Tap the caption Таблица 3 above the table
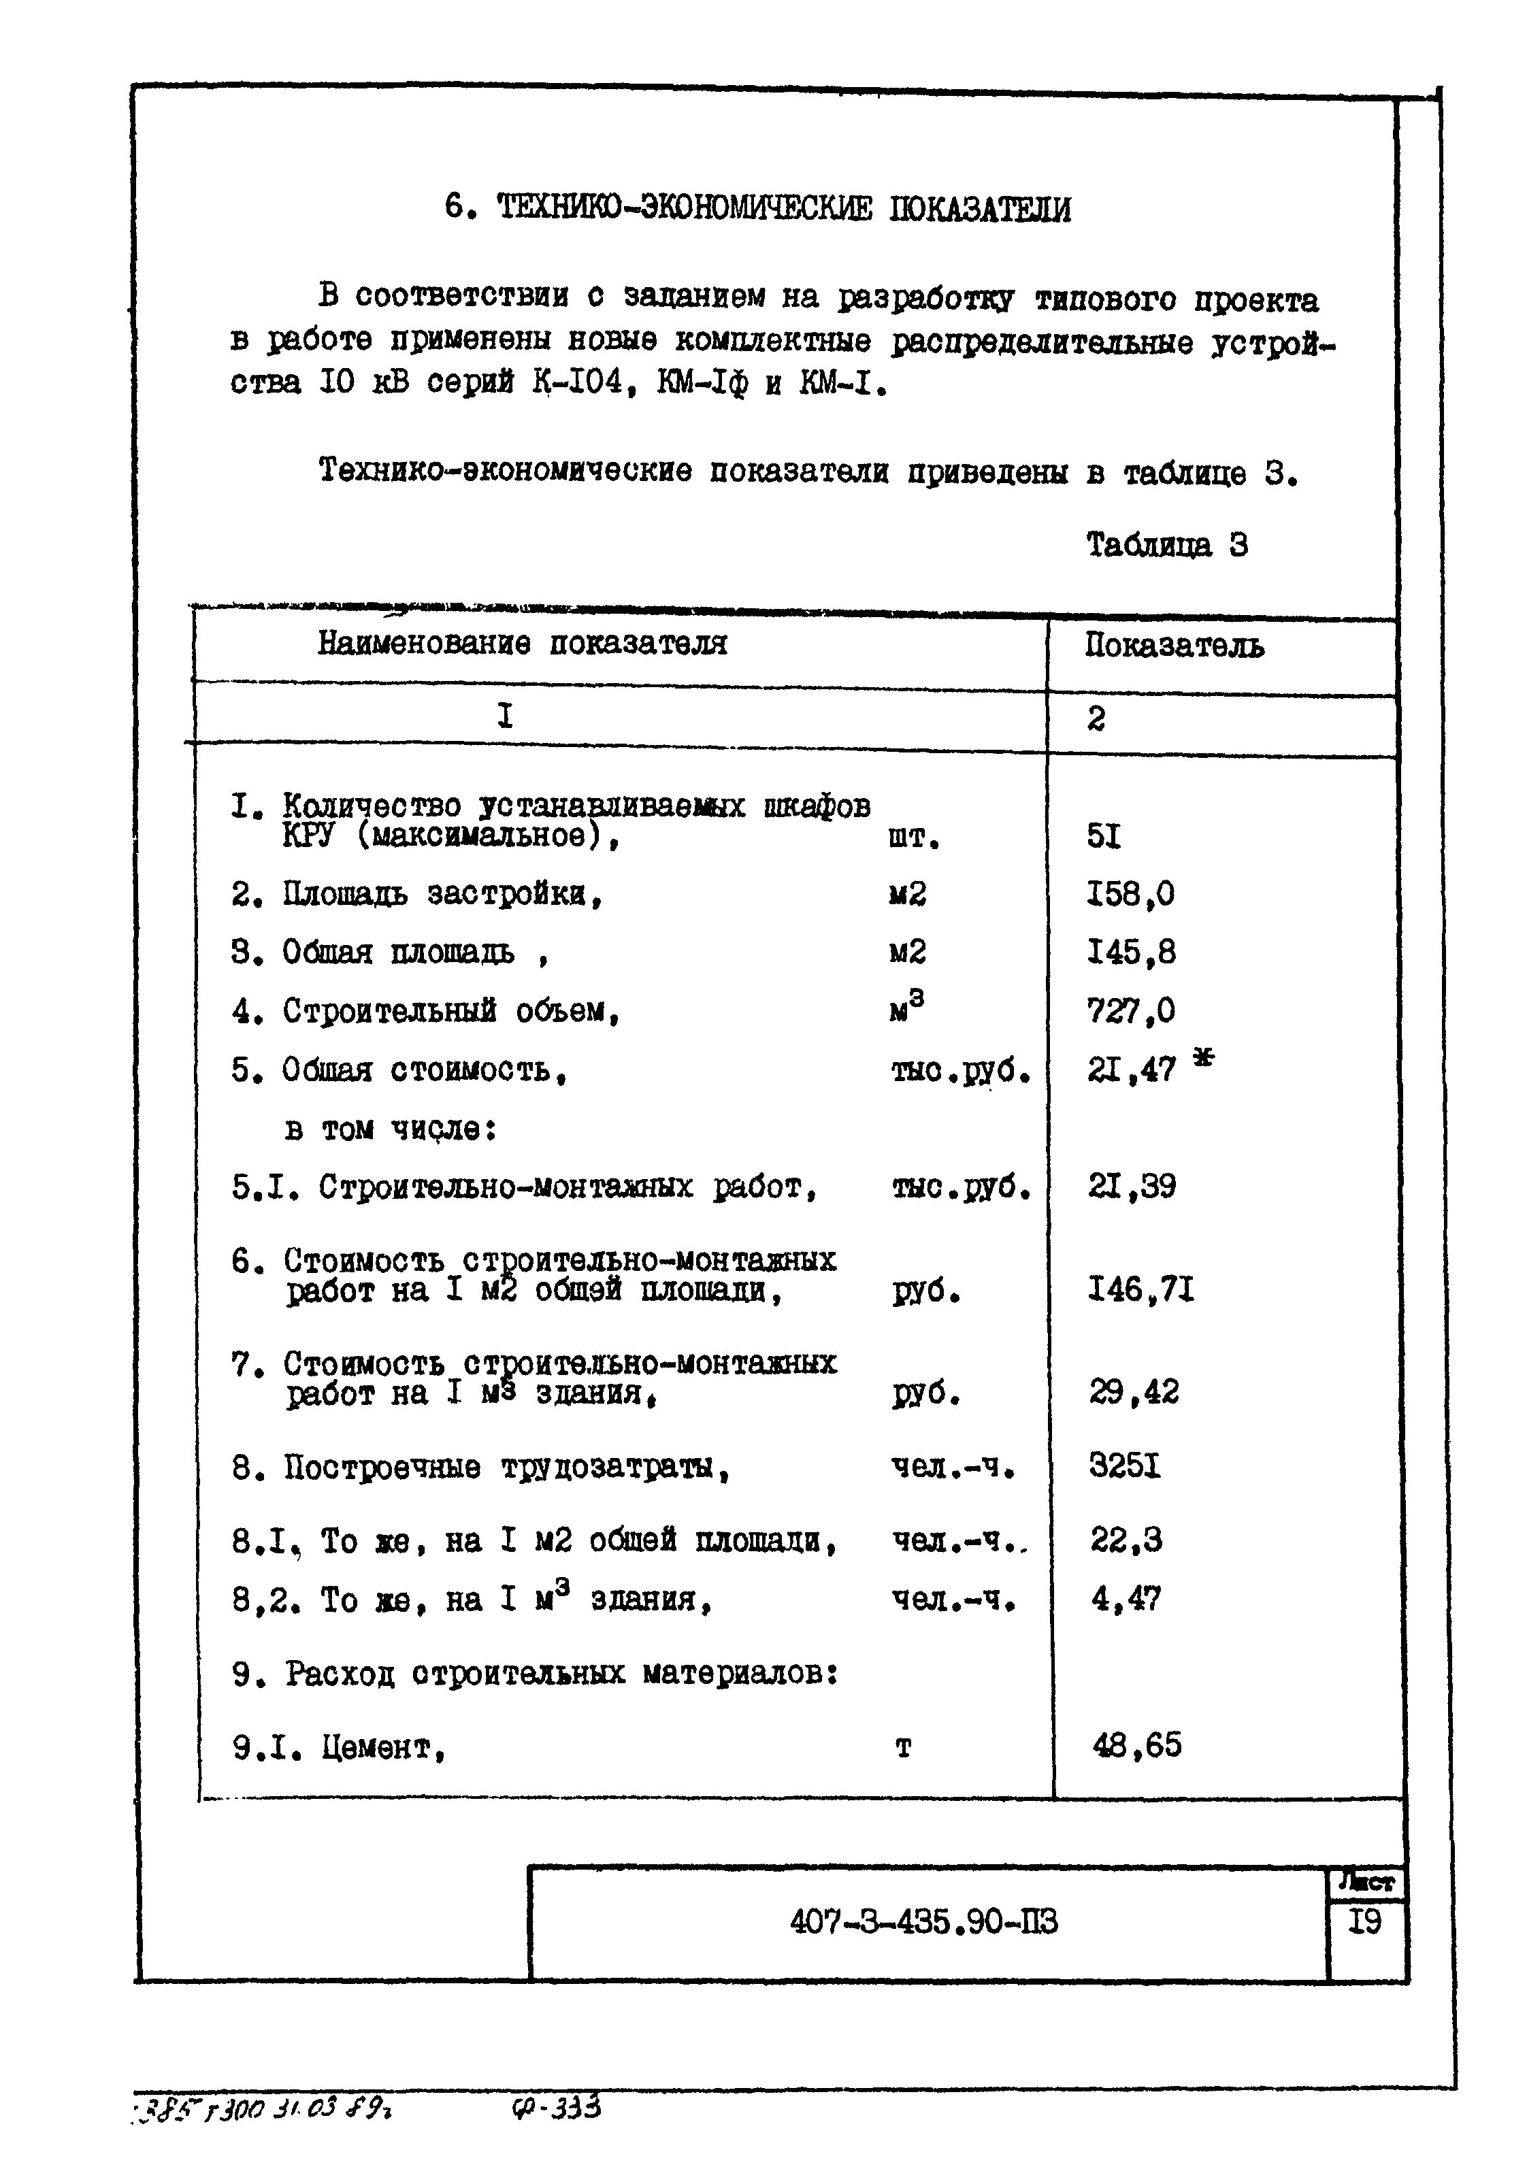[x=1166, y=545]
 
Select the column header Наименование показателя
[x=522, y=644]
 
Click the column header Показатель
[x=1174, y=646]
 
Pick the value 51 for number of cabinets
[x=1103, y=836]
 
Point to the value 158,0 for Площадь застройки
[x=1130, y=894]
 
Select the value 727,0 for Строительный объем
[x=1130, y=1011]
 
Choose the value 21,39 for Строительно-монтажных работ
[x=1131, y=1187]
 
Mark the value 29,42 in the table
[x=1133, y=1393]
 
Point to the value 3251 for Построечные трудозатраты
[x=1124, y=1466]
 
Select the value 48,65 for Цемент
[x=1136, y=1745]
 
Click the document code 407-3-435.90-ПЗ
[x=923, y=1923]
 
